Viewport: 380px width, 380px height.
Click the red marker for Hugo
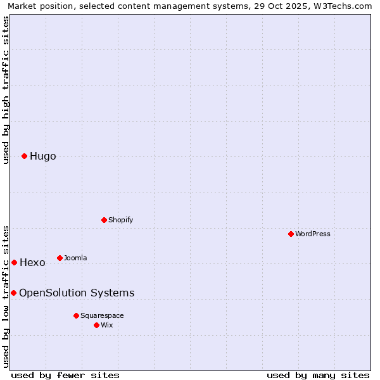(x=24, y=156)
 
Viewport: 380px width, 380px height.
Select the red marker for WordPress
(x=291, y=234)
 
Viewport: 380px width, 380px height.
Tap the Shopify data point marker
(x=104, y=220)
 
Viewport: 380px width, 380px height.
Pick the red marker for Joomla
(x=60, y=258)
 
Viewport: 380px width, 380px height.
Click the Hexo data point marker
(x=14, y=262)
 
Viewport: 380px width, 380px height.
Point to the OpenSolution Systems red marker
(x=13, y=293)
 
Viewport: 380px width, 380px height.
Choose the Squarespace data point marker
(x=76, y=315)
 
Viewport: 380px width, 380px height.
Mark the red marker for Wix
(x=96, y=325)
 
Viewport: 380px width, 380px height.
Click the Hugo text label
(x=43, y=156)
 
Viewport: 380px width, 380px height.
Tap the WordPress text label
(x=313, y=234)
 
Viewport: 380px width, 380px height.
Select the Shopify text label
(x=120, y=220)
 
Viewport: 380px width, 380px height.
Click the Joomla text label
(x=75, y=258)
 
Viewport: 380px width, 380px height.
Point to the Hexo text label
(x=32, y=263)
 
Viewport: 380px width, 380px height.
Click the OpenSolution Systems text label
(x=77, y=293)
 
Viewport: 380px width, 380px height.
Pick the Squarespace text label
(x=102, y=315)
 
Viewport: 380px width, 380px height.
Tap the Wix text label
(x=107, y=325)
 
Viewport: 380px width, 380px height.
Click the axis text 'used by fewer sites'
(x=65, y=375)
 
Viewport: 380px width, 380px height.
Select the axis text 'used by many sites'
(x=318, y=375)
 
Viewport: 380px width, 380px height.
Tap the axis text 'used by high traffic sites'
(x=6, y=90)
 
